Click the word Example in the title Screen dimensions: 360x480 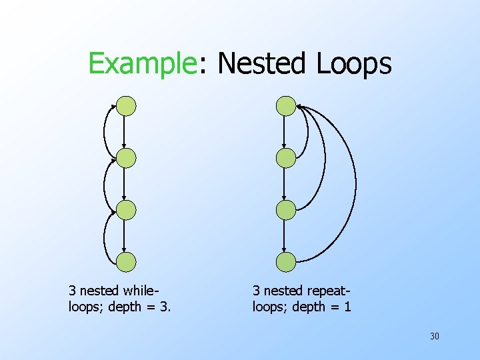coord(141,64)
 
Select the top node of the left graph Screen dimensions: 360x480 coord(126,106)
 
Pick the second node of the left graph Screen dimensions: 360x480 coord(126,158)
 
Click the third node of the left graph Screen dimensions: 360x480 coord(126,210)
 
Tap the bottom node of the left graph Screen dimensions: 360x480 coord(126,262)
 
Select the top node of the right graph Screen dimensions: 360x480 coord(286,106)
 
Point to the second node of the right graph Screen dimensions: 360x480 coord(286,158)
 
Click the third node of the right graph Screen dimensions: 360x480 coord(286,210)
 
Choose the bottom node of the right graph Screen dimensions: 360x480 coord(286,262)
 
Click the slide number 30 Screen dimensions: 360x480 coord(434,336)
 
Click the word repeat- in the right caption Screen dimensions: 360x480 coord(328,291)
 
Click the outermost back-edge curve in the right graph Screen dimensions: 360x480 coord(355,180)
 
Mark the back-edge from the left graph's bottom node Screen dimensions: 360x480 coord(105,236)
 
